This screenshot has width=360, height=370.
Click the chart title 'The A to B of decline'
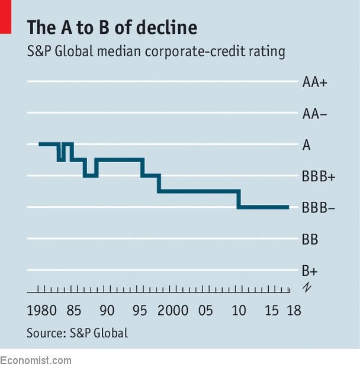(112, 27)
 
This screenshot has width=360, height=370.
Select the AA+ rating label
(314, 82)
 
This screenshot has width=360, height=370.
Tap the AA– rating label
(314, 114)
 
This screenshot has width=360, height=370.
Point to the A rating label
(306, 145)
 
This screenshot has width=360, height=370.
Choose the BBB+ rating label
(319, 176)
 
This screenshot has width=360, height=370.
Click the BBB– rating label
(319, 208)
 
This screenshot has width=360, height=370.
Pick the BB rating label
(310, 240)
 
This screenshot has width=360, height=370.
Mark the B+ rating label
(310, 271)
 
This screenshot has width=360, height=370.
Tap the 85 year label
(74, 311)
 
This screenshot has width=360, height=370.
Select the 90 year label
(107, 311)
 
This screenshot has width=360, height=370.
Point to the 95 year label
(140, 311)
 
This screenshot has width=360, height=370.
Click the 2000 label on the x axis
(173, 311)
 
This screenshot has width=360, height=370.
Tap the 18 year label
(293, 311)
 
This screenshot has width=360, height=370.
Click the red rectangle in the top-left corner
(6, 16)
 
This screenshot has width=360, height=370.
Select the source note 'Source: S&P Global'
(77, 333)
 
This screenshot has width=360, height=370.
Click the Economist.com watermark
(36, 361)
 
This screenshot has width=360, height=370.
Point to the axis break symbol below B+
(306, 288)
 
